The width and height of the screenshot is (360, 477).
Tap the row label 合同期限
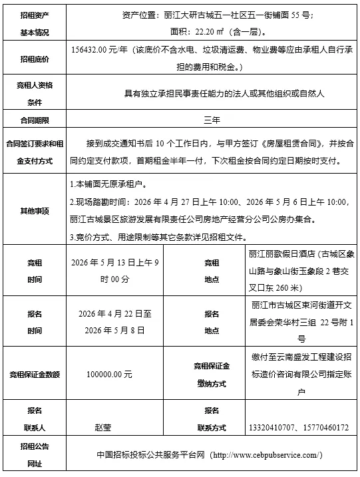(x=34, y=120)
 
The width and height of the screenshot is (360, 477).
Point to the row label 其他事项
(x=34, y=211)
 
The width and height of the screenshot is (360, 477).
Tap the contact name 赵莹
(x=104, y=426)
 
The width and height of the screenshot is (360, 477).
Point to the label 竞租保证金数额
(x=34, y=375)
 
